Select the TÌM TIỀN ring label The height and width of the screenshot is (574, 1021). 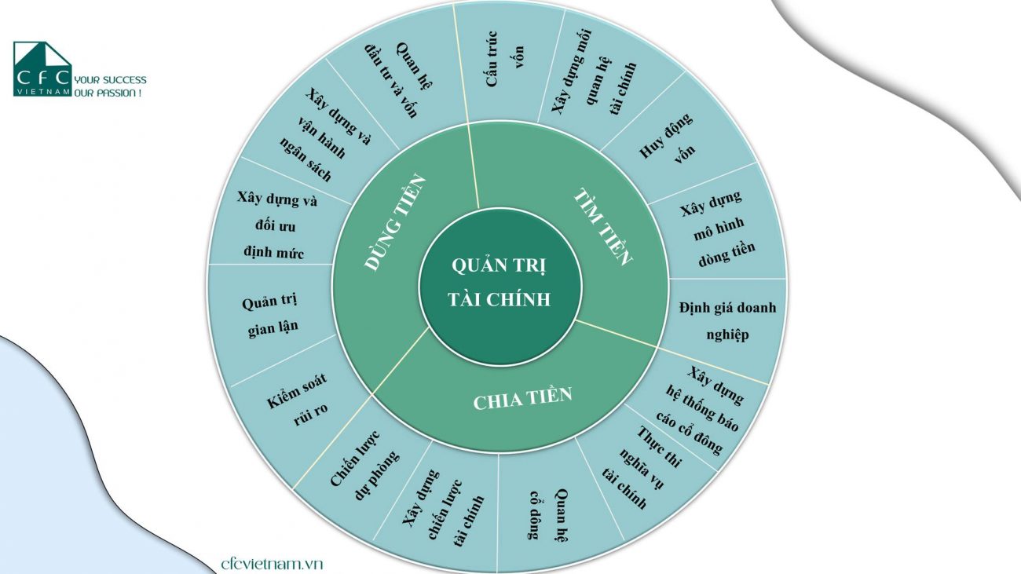tap(602, 227)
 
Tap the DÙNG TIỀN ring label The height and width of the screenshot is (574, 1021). tap(395, 223)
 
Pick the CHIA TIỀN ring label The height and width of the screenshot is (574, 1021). tap(522, 399)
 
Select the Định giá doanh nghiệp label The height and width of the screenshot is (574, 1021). tap(727, 321)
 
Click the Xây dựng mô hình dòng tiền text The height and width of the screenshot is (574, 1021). tap(717, 229)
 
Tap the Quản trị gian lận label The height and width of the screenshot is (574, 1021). tap(270, 314)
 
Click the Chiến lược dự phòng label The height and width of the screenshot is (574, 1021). tap(364, 465)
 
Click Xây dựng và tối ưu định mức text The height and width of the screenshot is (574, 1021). tap(276, 225)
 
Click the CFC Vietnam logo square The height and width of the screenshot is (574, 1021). tap(42, 69)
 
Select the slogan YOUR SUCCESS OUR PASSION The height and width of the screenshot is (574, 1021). tap(110, 86)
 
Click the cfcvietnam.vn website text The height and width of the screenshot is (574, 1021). tap(272, 564)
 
